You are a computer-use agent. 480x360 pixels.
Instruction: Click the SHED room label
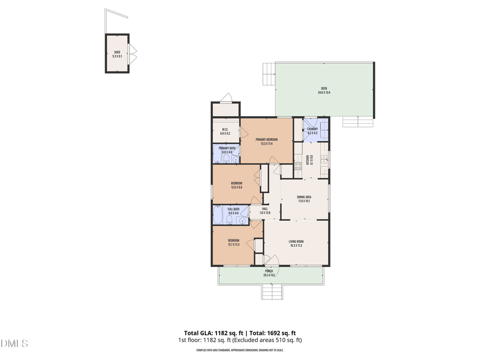pyautogui.click(x=117, y=52)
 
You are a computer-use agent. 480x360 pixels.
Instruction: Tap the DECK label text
pyautogui.click(x=324, y=89)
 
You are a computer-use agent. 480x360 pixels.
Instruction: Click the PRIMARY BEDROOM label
pyautogui.click(x=266, y=139)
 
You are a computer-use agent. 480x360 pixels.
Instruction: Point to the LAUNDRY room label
pyautogui.click(x=313, y=129)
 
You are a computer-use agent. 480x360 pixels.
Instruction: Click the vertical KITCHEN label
pyautogui.click(x=308, y=159)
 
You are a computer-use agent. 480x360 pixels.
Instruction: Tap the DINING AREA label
pyautogui.click(x=304, y=197)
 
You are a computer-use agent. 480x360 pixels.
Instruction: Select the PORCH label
pyautogui.click(x=269, y=271)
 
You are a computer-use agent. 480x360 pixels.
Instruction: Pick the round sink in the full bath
pyautogui.click(x=242, y=220)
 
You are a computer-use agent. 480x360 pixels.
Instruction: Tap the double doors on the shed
pyautogui.click(x=133, y=53)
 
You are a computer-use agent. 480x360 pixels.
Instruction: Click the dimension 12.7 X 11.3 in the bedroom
pyautogui.click(x=234, y=245)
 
